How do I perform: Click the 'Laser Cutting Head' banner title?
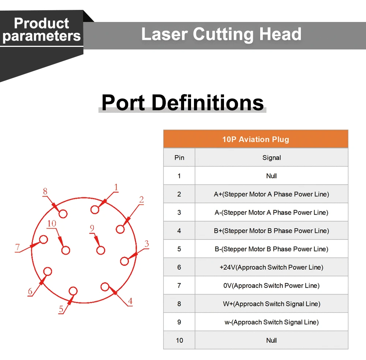pyautogui.click(x=221, y=34)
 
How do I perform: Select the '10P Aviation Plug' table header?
pyautogui.click(x=255, y=139)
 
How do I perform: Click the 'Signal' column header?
pyautogui.click(x=272, y=157)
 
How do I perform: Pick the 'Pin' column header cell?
pyautogui.click(x=179, y=157)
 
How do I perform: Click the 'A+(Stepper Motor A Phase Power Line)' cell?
pyautogui.click(x=272, y=194)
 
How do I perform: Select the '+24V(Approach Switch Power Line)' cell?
pyautogui.click(x=272, y=267)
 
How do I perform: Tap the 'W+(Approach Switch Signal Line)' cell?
pyautogui.click(x=272, y=304)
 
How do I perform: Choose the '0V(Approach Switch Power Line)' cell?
pyautogui.click(x=272, y=286)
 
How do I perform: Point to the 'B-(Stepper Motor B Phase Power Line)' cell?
pyautogui.click(x=272, y=249)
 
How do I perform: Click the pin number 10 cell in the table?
pyautogui.click(x=179, y=340)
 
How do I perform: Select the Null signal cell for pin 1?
pyautogui.click(x=272, y=176)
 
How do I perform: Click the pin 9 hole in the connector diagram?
pyautogui.click(x=101, y=250)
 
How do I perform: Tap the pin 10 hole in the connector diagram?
pyautogui.click(x=66, y=250)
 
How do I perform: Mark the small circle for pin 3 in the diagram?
pyautogui.click(x=124, y=261)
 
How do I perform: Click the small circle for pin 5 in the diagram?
pyautogui.click(x=73, y=291)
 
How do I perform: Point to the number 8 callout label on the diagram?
pyautogui.click(x=45, y=192)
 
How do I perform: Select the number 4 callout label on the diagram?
pyautogui.click(x=130, y=301)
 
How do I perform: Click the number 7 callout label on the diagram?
pyautogui.click(x=17, y=247)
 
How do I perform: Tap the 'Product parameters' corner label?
pyautogui.click(x=41, y=30)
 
